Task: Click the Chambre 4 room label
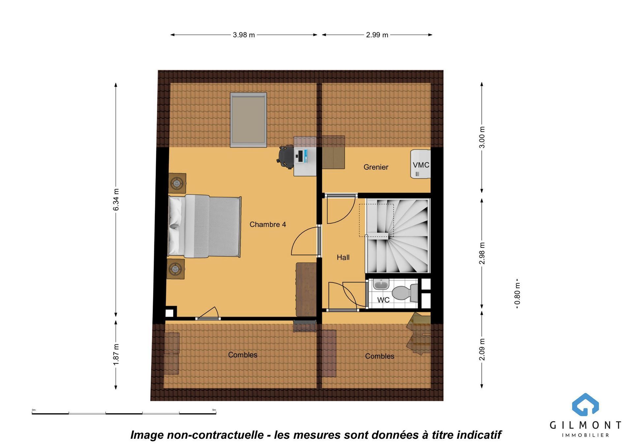[267, 225]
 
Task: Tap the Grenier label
[376, 167]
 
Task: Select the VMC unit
[421, 164]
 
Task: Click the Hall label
[343, 257]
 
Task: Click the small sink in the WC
[381, 284]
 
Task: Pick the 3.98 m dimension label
[244, 35]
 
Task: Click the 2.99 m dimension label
[377, 35]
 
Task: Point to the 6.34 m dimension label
[116, 200]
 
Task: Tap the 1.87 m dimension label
[116, 354]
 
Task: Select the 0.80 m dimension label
[517, 294]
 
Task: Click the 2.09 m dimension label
[482, 349]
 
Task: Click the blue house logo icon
[585, 404]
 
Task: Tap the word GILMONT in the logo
[585, 425]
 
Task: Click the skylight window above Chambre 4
[249, 120]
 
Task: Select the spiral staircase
[398, 236]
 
